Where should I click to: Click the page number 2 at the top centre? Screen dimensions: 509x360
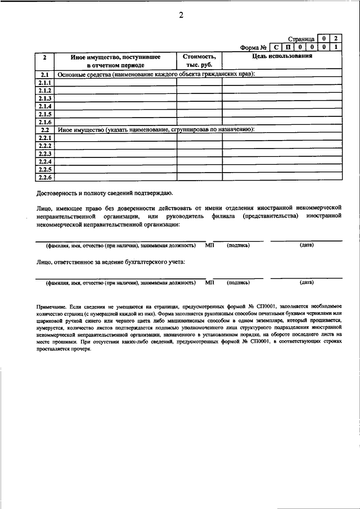(x=181, y=15)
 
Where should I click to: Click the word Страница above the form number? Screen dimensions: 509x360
(x=300, y=39)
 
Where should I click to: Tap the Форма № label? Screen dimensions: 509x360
(x=253, y=47)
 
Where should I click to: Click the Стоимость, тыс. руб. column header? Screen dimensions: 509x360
(x=199, y=61)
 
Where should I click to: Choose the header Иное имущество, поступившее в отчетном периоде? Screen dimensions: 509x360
(x=116, y=61)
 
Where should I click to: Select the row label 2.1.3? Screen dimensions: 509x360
(x=45, y=98)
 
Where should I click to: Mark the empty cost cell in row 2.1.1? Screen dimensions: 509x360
(x=199, y=83)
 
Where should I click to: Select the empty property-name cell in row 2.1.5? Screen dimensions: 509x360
(x=116, y=114)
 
